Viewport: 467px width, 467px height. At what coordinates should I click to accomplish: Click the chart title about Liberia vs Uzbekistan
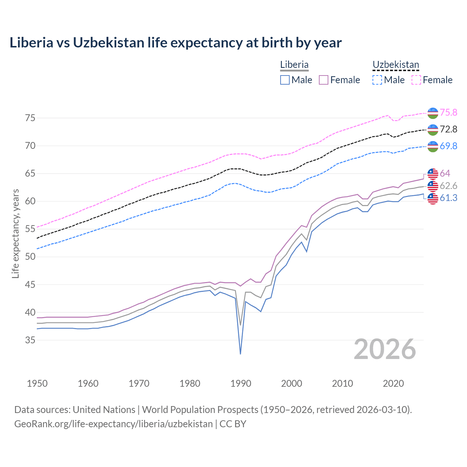[x=175, y=43]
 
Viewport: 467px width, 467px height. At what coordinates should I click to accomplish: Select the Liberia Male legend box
[x=285, y=80]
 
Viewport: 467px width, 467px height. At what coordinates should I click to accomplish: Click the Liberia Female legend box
[x=324, y=80]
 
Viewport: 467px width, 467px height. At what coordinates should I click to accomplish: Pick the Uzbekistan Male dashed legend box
[x=377, y=80]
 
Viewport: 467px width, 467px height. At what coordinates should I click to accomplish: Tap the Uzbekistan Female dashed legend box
[x=416, y=80]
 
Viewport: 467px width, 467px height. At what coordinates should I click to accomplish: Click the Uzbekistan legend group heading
[x=395, y=65]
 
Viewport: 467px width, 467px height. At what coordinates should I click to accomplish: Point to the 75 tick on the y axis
[x=30, y=118]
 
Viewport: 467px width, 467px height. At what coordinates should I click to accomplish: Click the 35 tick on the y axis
[x=30, y=340]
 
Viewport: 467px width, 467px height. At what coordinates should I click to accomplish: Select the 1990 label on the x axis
[x=241, y=383]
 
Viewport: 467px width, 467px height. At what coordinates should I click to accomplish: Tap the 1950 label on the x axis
[x=37, y=383]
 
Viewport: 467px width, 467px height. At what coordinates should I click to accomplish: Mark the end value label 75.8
[x=448, y=112]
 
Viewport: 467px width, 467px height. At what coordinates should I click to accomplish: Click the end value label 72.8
[x=448, y=129]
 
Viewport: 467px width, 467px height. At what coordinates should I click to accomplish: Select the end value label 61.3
[x=448, y=198]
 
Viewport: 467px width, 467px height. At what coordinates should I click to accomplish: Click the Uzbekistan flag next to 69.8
[x=433, y=146]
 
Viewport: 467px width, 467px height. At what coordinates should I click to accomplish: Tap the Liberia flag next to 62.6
[x=433, y=186]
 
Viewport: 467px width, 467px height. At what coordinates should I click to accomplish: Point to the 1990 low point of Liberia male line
[x=240, y=354]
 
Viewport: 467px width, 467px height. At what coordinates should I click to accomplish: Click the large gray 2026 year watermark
[x=385, y=350]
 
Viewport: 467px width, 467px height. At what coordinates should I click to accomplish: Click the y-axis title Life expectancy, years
[x=15, y=233]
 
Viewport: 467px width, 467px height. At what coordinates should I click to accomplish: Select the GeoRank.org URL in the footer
[x=113, y=424]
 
